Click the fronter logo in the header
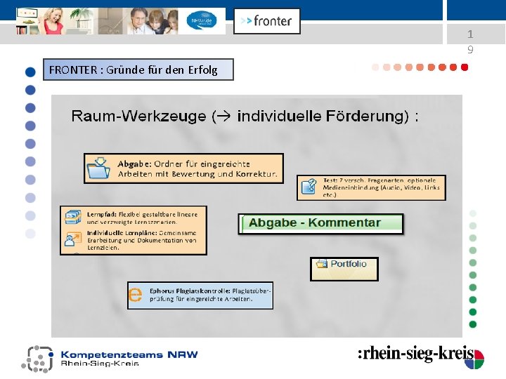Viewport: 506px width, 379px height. [266, 21]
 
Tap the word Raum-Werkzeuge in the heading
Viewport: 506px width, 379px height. [138, 117]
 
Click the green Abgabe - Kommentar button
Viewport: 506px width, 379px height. [321, 223]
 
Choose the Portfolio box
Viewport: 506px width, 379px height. [344, 268]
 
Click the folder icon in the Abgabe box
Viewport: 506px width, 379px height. [98, 168]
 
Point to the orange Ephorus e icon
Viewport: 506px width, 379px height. [135, 295]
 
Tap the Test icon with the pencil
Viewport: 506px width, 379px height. [309, 187]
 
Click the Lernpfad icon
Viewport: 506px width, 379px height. [72, 217]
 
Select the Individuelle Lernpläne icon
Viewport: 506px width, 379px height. [72, 240]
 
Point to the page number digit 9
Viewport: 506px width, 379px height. [470, 50]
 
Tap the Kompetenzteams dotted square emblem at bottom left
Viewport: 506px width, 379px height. [38, 358]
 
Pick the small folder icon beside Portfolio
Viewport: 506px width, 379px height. [322, 264]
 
